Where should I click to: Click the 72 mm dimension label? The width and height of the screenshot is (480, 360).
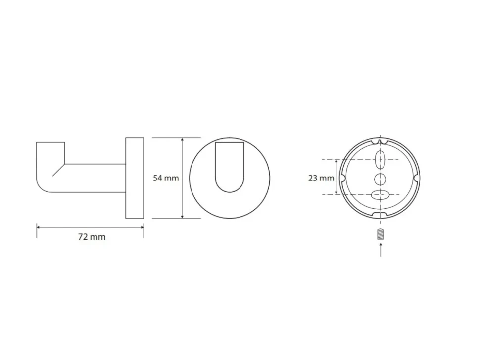pos(92,237)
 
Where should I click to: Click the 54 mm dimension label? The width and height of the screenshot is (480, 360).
pos(166,178)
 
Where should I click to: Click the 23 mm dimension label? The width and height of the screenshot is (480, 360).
pos(321,178)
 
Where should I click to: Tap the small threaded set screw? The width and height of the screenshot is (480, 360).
pos(380,234)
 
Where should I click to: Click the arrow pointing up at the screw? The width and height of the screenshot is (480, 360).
pos(380,250)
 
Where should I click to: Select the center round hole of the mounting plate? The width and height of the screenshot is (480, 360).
pos(380,179)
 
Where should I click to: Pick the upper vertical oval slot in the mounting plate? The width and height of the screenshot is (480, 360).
pos(380,160)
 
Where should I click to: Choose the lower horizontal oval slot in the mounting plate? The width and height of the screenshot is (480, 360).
pos(380,194)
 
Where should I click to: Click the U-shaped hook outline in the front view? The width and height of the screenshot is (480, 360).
pos(230,192)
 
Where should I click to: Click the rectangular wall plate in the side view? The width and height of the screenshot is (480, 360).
pos(135,178)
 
